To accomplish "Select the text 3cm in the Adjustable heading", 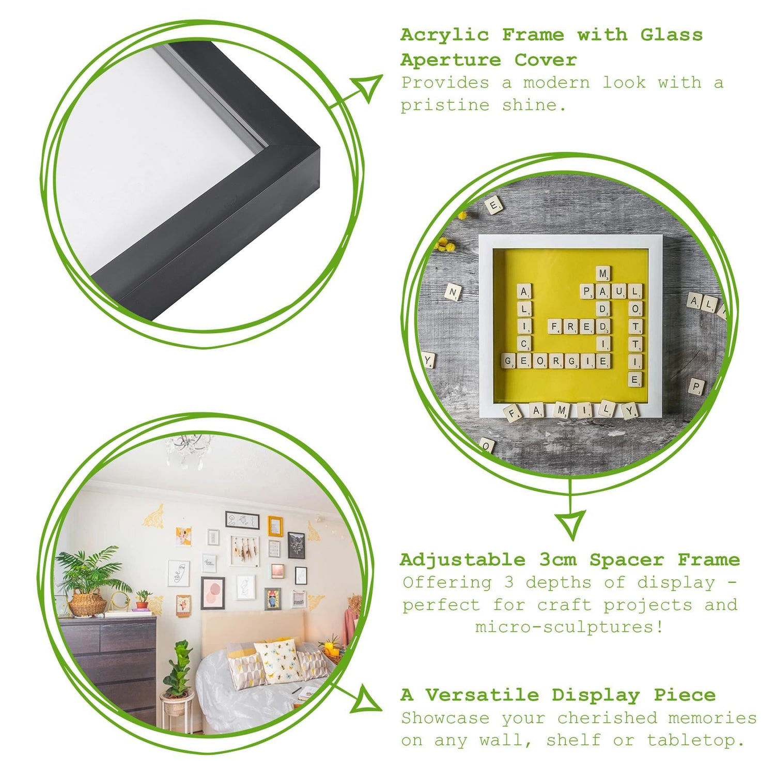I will click(x=557, y=560).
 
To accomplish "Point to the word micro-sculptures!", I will click(x=569, y=627).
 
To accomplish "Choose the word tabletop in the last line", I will click(x=695, y=740).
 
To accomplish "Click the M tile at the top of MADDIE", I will click(x=603, y=274).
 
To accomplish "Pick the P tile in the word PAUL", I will click(x=587, y=291).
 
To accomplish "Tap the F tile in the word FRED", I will click(x=555, y=327).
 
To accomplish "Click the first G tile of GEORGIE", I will click(x=508, y=361).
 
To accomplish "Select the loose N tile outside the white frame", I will click(x=453, y=292).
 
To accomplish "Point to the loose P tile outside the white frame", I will click(x=696, y=386).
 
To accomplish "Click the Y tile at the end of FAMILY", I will click(x=630, y=411).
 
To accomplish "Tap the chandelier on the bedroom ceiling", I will click(x=188, y=448).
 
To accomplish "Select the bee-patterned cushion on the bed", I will click(x=279, y=661).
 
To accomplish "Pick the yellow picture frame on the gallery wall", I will click(x=275, y=526).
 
